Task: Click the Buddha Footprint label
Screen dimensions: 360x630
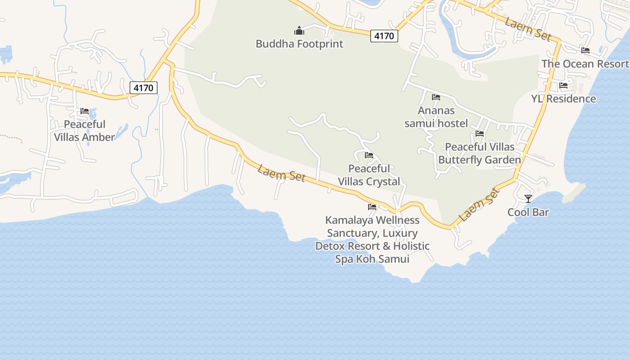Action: pos(299,44)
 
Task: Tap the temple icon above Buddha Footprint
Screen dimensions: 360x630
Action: pos(299,31)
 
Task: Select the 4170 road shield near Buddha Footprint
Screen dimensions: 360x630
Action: pos(384,36)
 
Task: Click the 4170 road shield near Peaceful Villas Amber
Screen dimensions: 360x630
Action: pos(144,88)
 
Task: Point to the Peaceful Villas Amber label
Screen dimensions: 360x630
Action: pos(85,130)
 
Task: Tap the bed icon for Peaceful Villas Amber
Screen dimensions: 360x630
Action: pos(85,111)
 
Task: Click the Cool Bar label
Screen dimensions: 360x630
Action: pos(528,212)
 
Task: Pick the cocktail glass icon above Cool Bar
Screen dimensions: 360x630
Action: pos(528,198)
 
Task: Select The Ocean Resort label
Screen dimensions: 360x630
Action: pos(585,63)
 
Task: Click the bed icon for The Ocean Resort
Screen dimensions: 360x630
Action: pos(585,50)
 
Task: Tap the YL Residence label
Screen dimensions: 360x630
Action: pos(563,99)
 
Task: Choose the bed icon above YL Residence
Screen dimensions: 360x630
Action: pos(563,85)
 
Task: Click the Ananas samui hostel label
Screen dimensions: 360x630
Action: pos(436,117)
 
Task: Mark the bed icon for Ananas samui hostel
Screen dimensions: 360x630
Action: pos(436,97)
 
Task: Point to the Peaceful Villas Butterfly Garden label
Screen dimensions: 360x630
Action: pos(480,153)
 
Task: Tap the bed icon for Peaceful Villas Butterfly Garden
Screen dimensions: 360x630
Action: pos(480,134)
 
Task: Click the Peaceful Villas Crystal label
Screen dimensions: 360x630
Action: pos(369,175)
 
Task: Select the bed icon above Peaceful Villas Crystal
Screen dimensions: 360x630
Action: pos(369,155)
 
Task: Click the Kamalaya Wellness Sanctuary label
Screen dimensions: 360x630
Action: pos(372,239)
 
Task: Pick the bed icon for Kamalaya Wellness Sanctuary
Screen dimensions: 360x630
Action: pos(372,207)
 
